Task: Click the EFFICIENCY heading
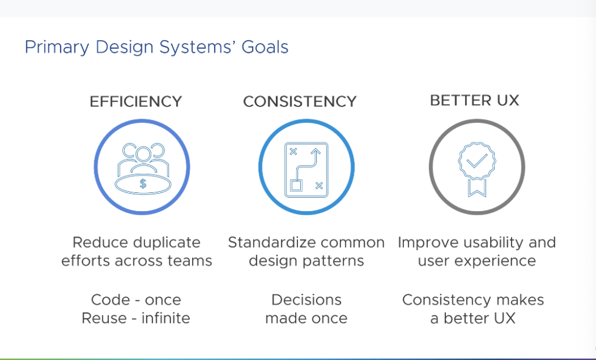coord(136,101)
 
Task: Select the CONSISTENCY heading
coord(299,101)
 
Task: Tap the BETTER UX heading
coord(474,100)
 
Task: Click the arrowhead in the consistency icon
coord(316,152)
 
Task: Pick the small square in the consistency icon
coord(296,186)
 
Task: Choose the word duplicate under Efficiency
coord(166,243)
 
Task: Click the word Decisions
coord(306,300)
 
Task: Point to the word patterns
coord(334,261)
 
